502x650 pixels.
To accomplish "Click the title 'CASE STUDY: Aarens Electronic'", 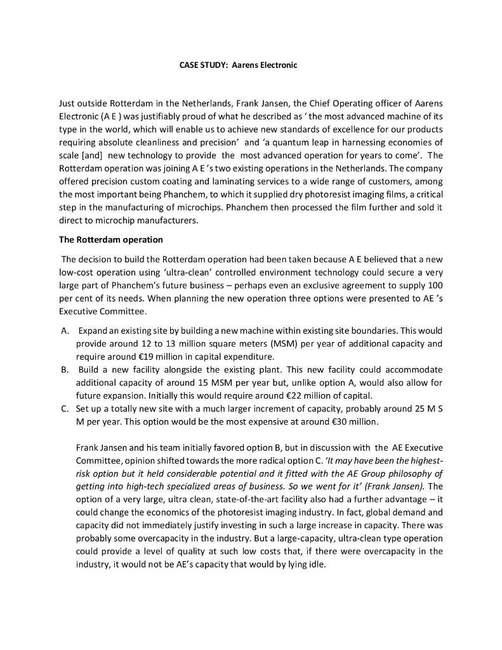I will coord(234,65).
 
